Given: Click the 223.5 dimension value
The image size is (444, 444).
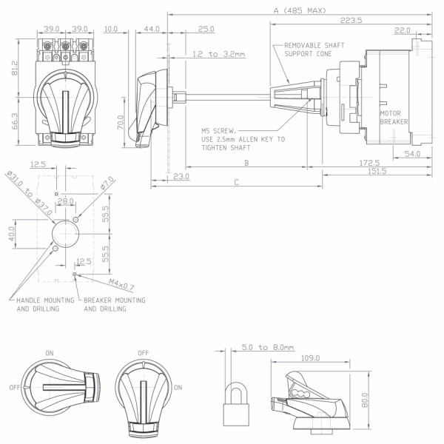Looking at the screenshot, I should point(351,20).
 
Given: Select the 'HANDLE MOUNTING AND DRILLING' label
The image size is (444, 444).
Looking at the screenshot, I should point(44,304).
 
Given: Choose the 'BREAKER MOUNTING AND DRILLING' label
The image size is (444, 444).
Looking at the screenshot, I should point(115,304).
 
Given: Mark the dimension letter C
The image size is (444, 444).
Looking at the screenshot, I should point(236,181).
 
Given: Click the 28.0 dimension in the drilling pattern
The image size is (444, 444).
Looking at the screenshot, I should point(67,201).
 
